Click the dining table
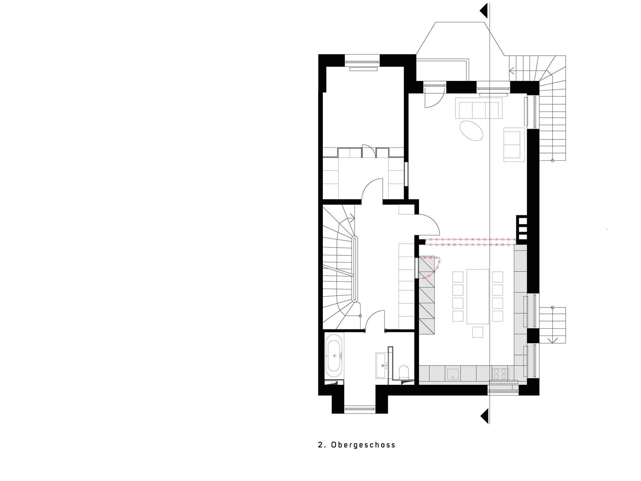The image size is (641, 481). [x=478, y=297]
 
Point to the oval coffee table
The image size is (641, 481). [x=471, y=131]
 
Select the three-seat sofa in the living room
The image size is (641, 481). [x=479, y=108]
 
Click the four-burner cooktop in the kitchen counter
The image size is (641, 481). [x=500, y=374]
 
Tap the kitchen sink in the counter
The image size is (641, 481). [x=452, y=374]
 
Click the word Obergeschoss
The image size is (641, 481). [x=363, y=453]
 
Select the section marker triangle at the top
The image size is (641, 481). [x=484, y=11]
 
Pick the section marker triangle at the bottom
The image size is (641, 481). [x=485, y=416]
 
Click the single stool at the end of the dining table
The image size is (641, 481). [x=478, y=332]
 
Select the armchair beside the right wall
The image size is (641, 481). [x=512, y=144]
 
